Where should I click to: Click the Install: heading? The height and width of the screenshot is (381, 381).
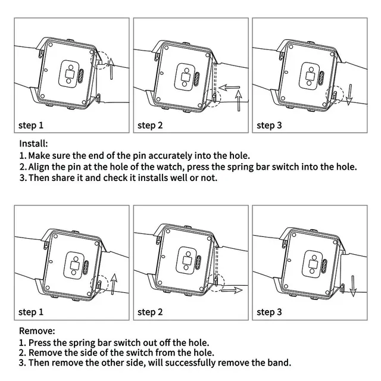point(33,143)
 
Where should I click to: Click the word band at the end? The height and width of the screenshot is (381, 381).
point(281,363)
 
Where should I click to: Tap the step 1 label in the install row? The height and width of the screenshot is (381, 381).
point(31,126)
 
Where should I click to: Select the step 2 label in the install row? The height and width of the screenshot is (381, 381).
point(150,126)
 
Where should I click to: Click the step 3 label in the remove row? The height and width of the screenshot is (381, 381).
point(269,313)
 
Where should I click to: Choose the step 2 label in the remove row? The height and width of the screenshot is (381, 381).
point(150,313)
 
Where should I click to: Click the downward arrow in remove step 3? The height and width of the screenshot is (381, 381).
point(352,285)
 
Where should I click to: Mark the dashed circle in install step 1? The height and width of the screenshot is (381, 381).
point(101,60)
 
